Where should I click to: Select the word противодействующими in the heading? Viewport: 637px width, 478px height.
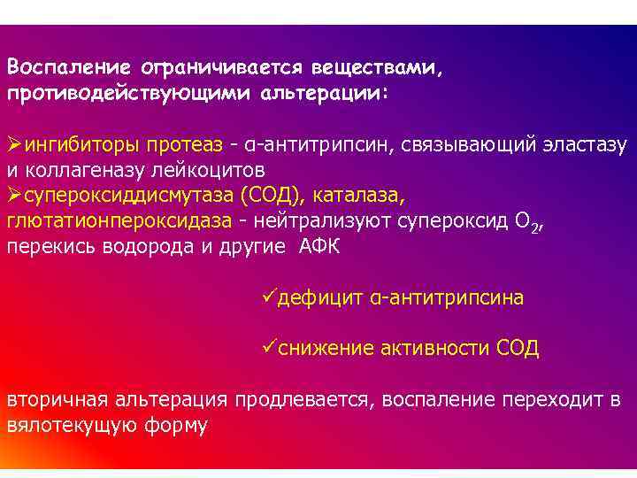128,92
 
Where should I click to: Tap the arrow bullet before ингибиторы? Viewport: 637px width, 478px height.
15,143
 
